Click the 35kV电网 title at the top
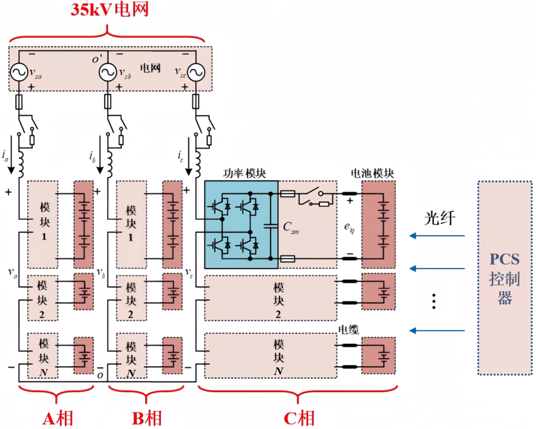point(109,10)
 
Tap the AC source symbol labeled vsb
point(107,73)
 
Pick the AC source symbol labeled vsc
point(196,73)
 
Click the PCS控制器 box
point(504,277)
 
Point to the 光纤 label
point(439,218)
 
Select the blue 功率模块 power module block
point(241,224)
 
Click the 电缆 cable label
point(348,329)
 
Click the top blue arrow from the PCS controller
point(437,236)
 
